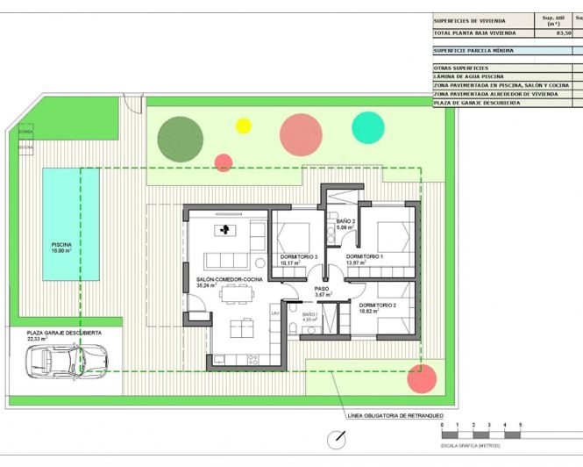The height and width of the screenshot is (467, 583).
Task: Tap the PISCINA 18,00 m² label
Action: pyautogui.click(x=61, y=248)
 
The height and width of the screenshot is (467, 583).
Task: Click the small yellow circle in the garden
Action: pyautogui.click(x=244, y=125)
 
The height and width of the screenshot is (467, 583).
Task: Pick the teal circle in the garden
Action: pyautogui.click(x=368, y=127)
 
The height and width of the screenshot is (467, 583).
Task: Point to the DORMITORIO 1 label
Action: pyautogui.click(x=367, y=258)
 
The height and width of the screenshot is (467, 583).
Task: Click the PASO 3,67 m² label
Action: pyautogui.click(x=322, y=291)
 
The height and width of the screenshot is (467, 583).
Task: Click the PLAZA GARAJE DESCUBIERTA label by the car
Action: pyautogui.click(x=63, y=335)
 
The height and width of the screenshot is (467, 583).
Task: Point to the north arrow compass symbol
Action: pyautogui.click(x=334, y=439)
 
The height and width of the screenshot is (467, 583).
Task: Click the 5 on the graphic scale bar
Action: pyautogui.click(x=521, y=425)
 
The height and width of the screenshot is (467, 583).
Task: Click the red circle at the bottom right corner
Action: pyautogui.click(x=423, y=379)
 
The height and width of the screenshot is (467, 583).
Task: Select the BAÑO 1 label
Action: pyautogui.click(x=310, y=316)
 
